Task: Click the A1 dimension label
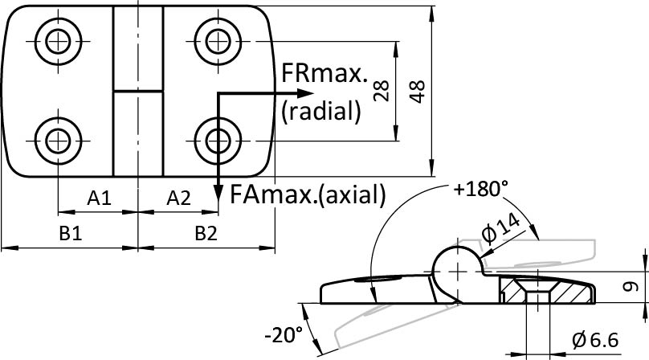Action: point(99,198)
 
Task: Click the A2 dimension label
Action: point(178,198)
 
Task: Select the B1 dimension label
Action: point(70,233)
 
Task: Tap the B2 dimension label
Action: point(206,233)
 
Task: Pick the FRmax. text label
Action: point(324,75)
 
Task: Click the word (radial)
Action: point(320,112)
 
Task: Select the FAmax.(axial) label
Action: point(308,194)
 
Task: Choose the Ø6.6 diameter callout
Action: point(595,340)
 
